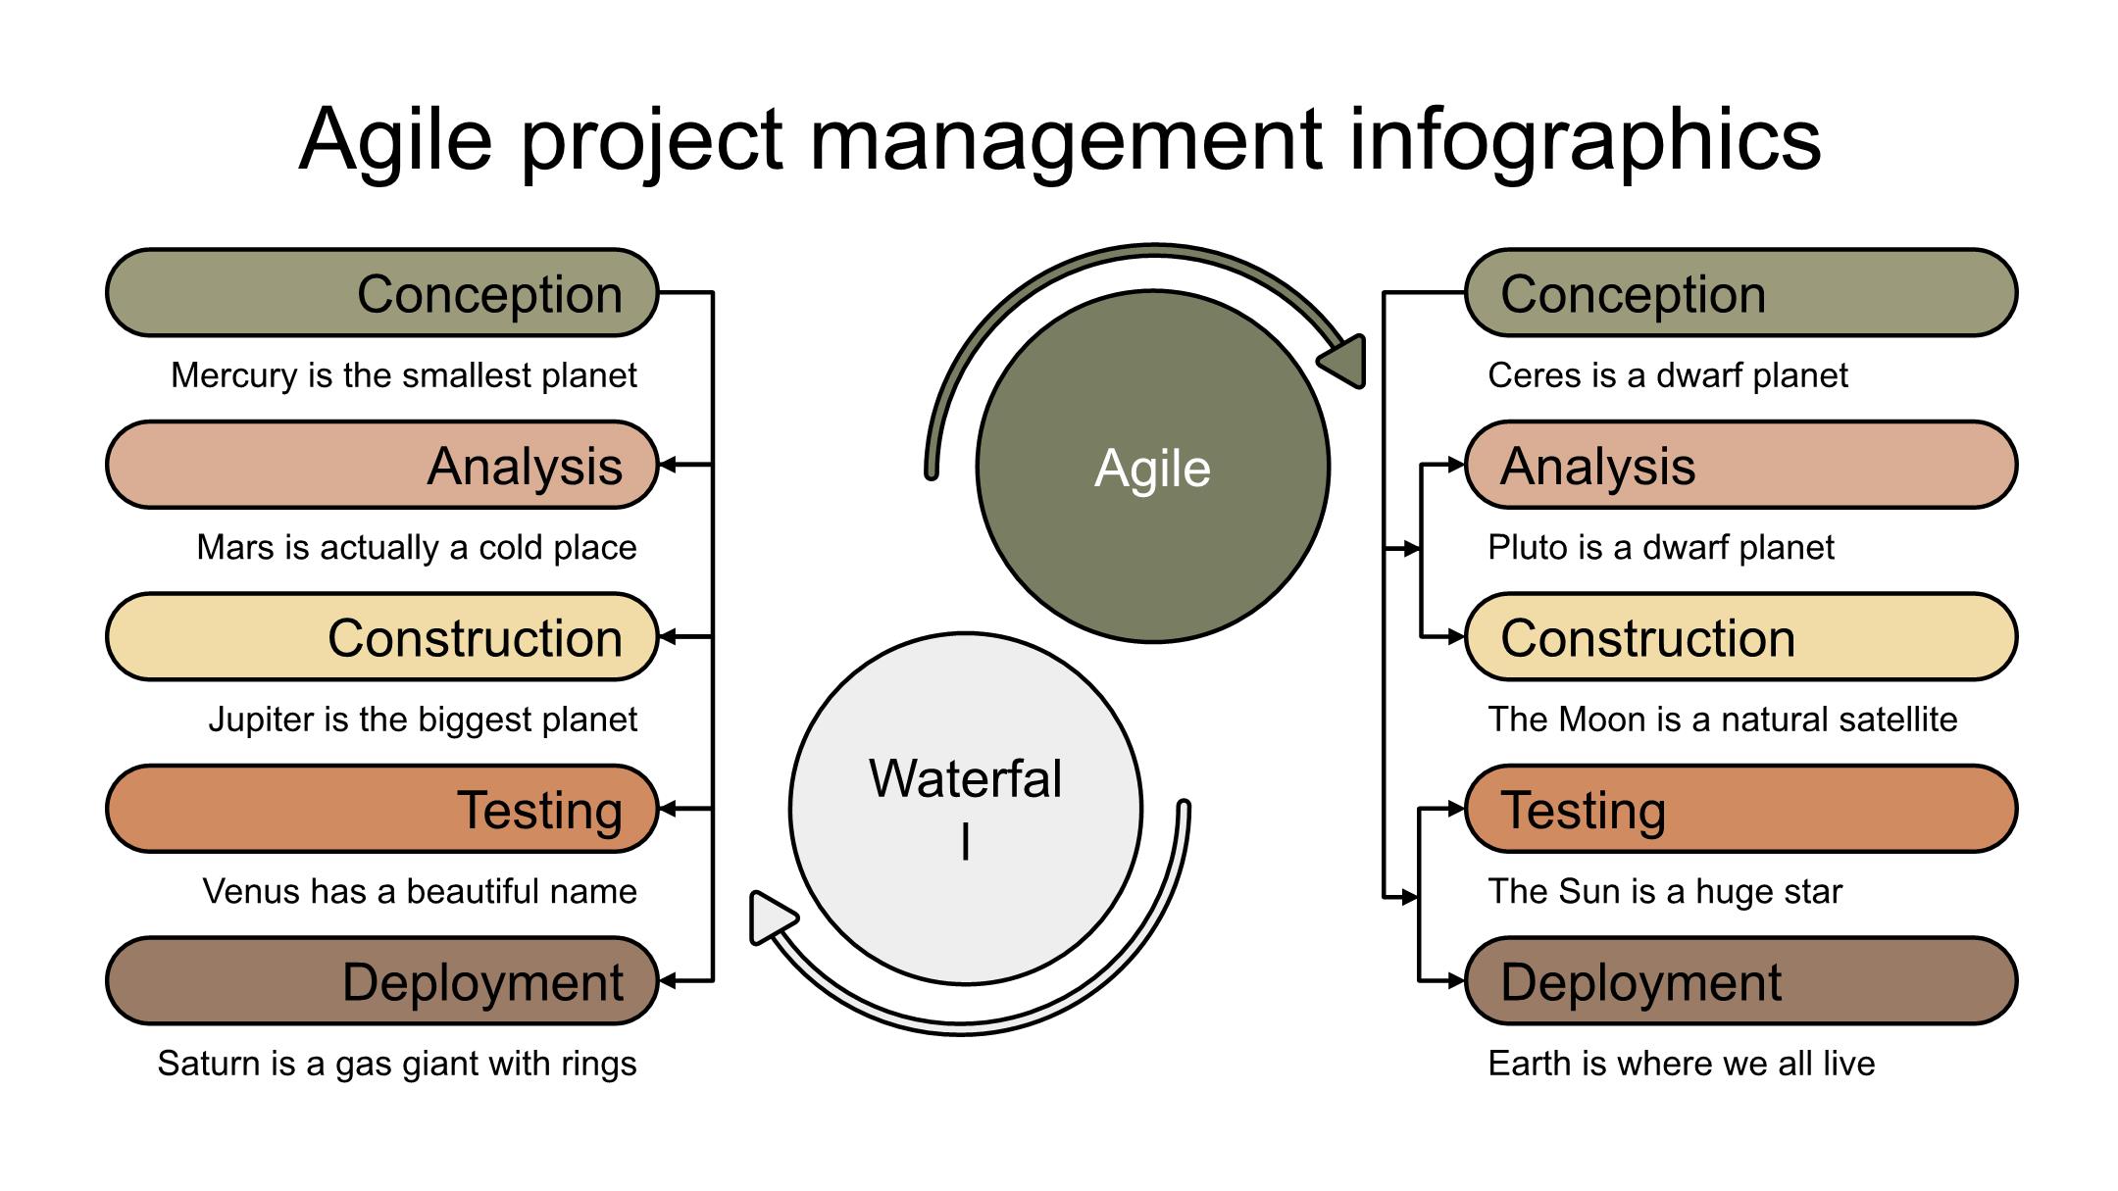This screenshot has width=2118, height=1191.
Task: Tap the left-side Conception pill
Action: pos(381,293)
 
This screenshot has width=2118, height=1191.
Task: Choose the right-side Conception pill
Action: pos(1740,293)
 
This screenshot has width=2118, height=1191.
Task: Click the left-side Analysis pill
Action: pos(381,466)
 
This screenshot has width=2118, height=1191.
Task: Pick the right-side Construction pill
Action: pos(1740,637)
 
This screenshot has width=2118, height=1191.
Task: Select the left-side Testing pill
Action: pos(381,810)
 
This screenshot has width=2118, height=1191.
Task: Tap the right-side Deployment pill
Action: pos(1740,981)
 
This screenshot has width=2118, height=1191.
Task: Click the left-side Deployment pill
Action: pos(381,981)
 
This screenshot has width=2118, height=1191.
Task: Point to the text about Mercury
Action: pos(403,375)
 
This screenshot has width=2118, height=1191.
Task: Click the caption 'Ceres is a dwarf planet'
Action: pos(1667,375)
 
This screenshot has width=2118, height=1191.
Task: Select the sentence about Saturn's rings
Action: pos(397,1064)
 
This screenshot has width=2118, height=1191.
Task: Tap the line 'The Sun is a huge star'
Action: pos(1665,892)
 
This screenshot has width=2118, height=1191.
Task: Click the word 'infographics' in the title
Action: pos(1585,140)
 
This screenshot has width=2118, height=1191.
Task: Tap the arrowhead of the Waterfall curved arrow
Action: pos(770,918)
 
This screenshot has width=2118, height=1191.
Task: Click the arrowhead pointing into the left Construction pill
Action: pos(668,637)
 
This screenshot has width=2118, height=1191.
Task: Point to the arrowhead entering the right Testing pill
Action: pos(1456,810)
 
